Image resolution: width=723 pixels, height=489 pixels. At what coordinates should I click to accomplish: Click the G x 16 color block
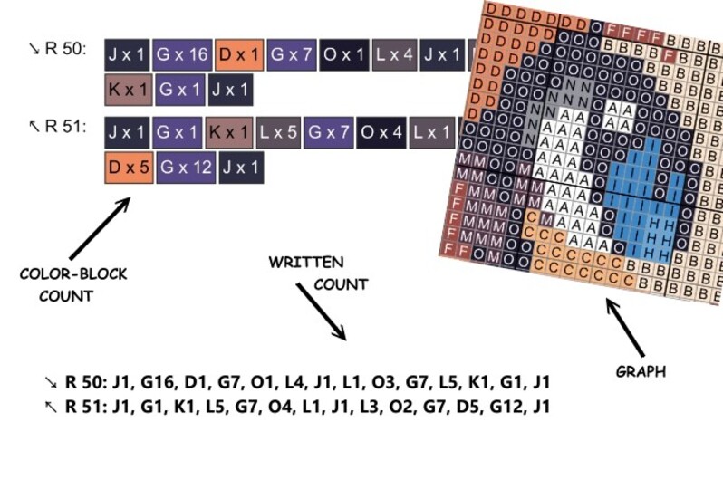184,55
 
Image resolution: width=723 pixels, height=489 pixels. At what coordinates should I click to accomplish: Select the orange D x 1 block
240,55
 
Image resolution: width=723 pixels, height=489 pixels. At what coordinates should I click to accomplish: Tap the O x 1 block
343,55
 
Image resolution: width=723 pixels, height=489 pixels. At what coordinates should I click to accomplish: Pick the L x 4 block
394,55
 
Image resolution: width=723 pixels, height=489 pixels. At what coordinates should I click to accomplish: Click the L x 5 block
279,132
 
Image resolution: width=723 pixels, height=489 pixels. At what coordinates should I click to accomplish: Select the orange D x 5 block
128,168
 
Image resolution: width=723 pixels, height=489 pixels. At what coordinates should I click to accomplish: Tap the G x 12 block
186,168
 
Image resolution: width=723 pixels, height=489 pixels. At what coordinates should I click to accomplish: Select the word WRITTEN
305,263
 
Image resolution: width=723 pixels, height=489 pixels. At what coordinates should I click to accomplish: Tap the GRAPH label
641,371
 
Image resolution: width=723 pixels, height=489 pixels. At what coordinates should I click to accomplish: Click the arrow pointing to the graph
624,327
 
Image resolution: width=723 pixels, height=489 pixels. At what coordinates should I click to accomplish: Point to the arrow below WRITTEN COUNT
321,312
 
